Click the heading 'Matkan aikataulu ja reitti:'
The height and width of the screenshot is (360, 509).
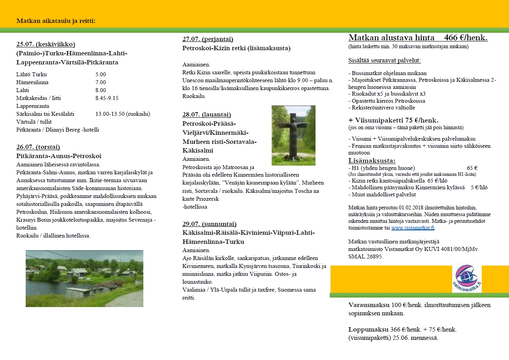pos(56,21)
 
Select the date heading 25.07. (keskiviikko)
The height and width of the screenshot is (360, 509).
pos(46,44)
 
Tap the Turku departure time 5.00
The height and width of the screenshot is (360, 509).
pos(101,74)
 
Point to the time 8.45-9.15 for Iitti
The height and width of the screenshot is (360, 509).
pos(107,98)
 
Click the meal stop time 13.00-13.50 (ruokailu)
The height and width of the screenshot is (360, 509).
pos(123,114)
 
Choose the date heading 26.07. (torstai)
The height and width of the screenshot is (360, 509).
pos(38,147)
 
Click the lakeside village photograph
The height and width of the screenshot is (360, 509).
pos(84,278)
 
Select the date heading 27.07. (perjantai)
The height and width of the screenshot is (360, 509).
pos(208,39)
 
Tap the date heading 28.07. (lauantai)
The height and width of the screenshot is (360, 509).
pos(207,115)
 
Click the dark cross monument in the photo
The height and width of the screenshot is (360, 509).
pos(293,136)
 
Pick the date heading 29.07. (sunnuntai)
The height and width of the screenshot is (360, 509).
pos(209,224)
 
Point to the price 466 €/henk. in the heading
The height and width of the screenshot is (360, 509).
pos(466,38)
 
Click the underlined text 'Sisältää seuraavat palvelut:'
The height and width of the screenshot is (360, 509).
pos(385,60)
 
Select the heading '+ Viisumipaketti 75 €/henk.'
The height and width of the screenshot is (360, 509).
pos(393,120)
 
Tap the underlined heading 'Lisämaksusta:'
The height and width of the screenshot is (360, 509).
pos(372,160)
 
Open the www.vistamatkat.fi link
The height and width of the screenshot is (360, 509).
pos(413,228)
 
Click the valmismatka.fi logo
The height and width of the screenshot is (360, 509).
pos(467,279)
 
